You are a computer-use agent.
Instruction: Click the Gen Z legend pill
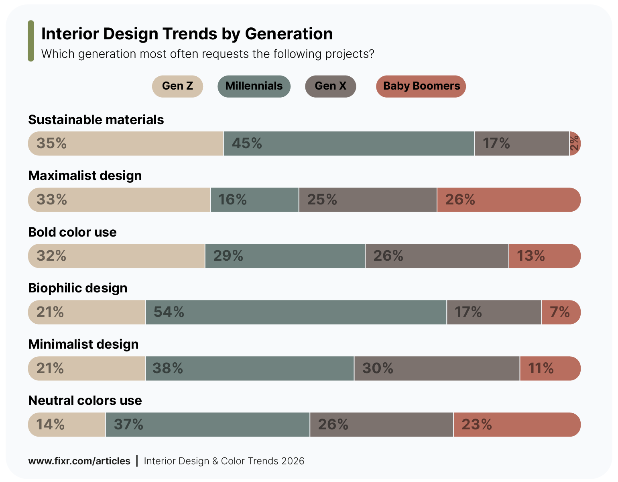(177, 86)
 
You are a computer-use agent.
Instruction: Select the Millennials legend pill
(254, 86)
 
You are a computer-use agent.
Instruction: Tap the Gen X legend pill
(330, 86)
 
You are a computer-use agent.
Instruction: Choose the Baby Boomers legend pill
(421, 86)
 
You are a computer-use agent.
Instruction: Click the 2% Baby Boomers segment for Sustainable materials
(575, 143)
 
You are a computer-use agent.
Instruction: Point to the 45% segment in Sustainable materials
(349, 143)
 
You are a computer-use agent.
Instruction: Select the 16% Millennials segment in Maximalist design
(254, 200)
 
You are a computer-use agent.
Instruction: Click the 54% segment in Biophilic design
(296, 312)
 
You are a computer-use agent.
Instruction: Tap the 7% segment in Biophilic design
(561, 312)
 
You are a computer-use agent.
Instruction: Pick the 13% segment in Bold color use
(545, 256)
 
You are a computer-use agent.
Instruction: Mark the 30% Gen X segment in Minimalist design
(437, 368)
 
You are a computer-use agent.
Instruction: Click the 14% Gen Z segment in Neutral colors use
(67, 425)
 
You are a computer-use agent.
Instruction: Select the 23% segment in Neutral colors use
(517, 425)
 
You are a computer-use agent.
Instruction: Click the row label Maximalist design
(85, 176)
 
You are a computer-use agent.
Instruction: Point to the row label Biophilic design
(78, 288)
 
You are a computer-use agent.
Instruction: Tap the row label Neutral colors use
(85, 400)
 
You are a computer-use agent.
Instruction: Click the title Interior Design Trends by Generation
(187, 34)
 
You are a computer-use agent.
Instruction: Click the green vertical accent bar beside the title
(31, 41)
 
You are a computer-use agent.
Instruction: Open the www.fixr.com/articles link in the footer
(79, 461)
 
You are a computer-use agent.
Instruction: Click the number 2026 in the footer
(293, 461)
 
